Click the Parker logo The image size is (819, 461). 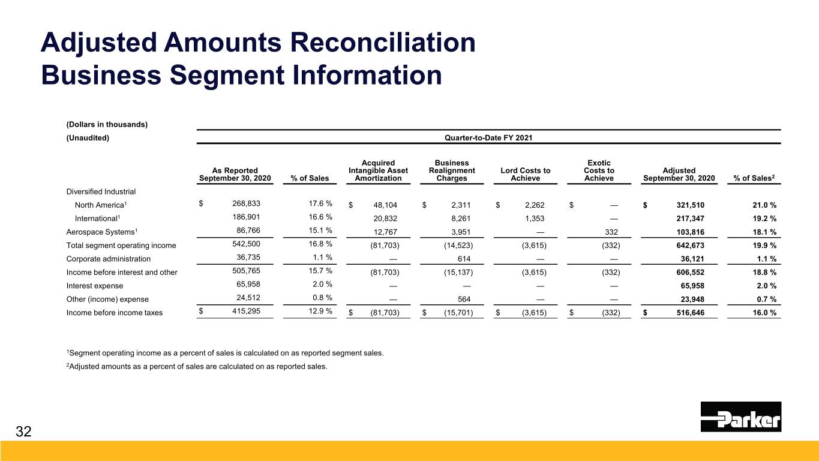coord(740,417)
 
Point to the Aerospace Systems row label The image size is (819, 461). coord(95,232)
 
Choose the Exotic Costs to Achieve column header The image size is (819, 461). coord(599,170)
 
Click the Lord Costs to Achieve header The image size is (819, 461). coord(525,175)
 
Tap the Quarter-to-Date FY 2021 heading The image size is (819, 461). coord(488,137)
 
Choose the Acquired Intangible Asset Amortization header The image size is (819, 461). coord(378,170)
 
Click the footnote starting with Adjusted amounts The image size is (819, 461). coord(197,368)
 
